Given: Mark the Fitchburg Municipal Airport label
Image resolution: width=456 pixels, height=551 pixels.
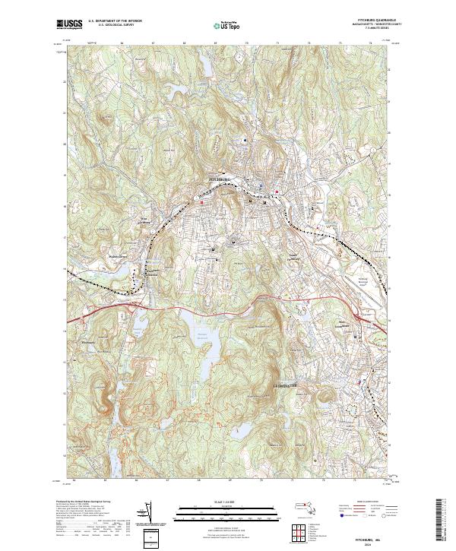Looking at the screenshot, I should click(364, 282).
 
